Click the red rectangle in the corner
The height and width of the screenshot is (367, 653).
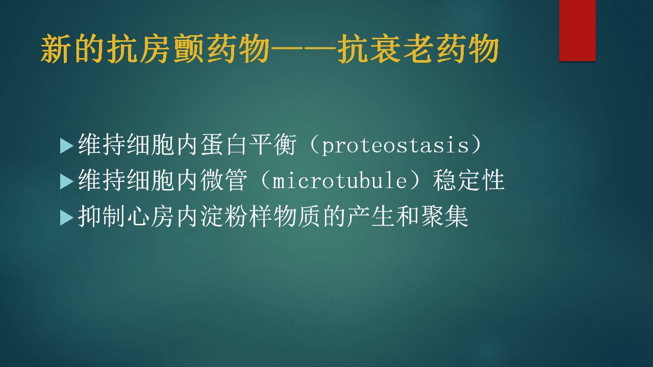(x=577, y=31)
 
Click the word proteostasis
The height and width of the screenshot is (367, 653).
(x=395, y=145)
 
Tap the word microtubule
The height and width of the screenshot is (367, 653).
(x=339, y=180)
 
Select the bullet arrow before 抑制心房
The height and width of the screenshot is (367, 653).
(x=66, y=218)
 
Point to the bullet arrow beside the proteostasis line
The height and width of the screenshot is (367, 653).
(x=66, y=146)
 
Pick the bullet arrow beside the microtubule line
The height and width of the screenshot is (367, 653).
(x=66, y=182)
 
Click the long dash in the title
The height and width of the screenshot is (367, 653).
(x=303, y=49)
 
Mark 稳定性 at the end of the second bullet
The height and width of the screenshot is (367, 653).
(x=468, y=180)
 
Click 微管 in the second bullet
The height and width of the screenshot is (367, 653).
(x=224, y=180)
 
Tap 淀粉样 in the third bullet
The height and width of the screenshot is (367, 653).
(x=236, y=217)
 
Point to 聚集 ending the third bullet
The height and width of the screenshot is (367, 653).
(x=444, y=217)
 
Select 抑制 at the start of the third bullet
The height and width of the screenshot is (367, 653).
(x=102, y=217)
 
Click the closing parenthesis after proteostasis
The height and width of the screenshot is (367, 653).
(x=476, y=145)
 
